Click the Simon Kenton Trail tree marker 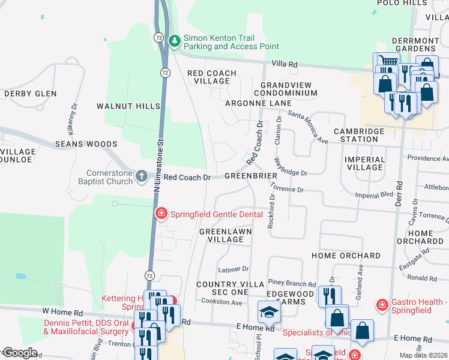175,41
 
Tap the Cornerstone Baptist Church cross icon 141,176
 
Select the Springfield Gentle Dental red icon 161,214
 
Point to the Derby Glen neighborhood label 31,94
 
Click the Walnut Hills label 128,106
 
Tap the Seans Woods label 86,144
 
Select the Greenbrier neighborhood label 250,176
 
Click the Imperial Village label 365,163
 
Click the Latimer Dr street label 234,269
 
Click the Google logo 20,353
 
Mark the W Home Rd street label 62,313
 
